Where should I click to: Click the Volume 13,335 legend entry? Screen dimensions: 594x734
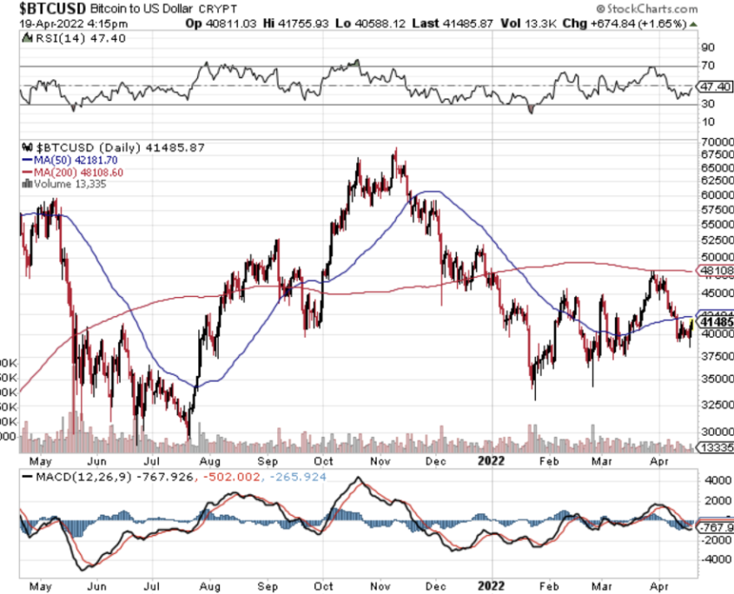(69, 183)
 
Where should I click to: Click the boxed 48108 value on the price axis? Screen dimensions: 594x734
(717, 271)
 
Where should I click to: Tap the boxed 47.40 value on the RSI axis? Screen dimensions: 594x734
(715, 88)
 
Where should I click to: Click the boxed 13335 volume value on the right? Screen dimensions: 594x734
(717, 447)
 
